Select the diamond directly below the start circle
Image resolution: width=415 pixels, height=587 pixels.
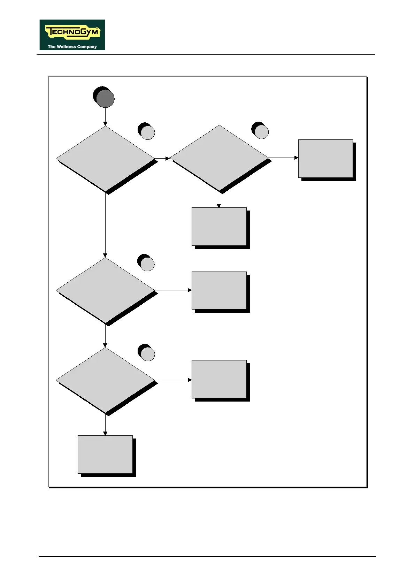tap(105, 159)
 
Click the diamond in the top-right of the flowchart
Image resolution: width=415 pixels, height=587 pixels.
tap(219, 158)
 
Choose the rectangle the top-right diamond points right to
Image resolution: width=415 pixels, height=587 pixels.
tap(325, 159)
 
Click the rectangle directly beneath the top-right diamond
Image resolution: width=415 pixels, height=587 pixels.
tap(219, 227)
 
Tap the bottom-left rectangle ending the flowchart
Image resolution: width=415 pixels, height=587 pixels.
tap(105, 454)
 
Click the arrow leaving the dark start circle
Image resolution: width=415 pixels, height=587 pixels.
tap(105, 117)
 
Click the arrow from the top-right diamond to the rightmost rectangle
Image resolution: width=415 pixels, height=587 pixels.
tap(283, 158)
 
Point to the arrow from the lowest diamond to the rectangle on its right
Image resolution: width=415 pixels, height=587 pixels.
tap(173, 380)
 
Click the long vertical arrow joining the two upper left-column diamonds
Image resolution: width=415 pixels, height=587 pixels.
tap(105, 225)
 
